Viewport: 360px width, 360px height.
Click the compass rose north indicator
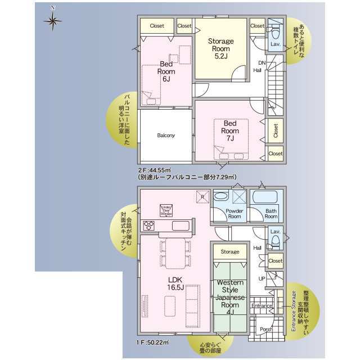(x=53, y=21)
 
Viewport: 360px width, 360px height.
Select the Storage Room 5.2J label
(x=220, y=49)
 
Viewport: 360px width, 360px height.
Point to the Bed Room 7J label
(x=229, y=130)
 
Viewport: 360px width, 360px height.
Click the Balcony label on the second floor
(x=165, y=135)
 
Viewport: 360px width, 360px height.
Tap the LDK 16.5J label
(x=174, y=283)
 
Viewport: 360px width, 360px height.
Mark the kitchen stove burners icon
(x=150, y=226)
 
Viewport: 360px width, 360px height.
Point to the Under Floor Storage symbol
(x=166, y=210)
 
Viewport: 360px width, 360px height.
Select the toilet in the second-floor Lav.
(x=275, y=29)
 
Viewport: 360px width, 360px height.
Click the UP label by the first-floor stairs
(x=262, y=278)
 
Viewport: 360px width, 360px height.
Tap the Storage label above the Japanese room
(x=229, y=251)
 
